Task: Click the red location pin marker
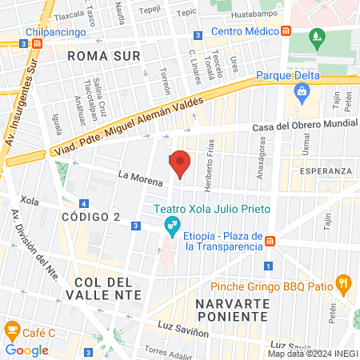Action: point(181,163)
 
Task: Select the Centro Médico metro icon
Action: point(286,31)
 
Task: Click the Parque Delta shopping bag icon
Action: point(301,91)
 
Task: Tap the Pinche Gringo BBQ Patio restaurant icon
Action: point(344,282)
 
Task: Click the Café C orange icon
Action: point(12,329)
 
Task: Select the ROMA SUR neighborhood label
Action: point(104,56)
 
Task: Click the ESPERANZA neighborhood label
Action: point(326,171)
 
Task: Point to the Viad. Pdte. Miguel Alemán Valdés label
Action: point(128,126)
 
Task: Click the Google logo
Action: point(26,350)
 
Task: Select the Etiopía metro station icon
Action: point(270,241)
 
